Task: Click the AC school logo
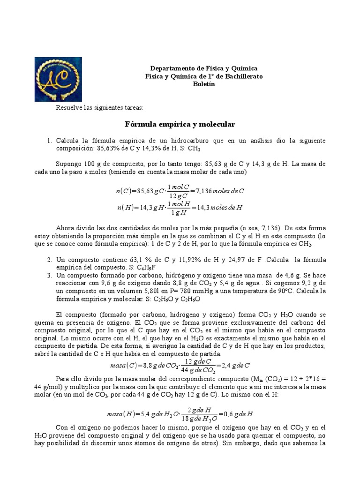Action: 58,79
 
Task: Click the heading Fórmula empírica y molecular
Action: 180,124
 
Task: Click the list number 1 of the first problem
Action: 49,141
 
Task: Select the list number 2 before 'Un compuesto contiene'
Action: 49,260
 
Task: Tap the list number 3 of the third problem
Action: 49,275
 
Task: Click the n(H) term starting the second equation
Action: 124,207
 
